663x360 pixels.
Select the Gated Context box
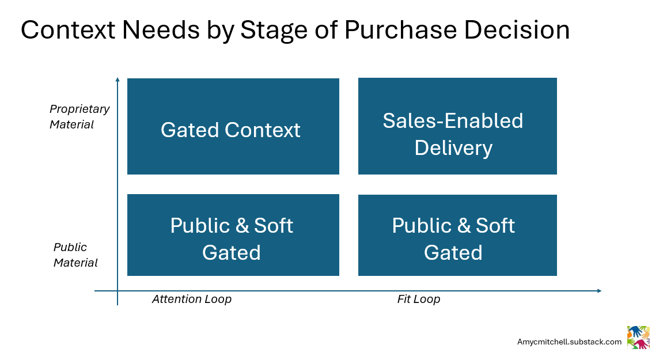[233, 126]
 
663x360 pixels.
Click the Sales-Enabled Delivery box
[457, 126]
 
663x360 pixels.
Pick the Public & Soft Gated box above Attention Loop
[233, 235]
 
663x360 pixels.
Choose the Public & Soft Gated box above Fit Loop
[457, 235]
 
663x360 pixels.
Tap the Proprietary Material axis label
[79, 116]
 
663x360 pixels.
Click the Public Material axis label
[75, 255]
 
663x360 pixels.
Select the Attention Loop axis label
[192, 299]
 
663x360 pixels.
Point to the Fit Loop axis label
[419, 299]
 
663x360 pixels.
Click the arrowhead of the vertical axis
[118, 79]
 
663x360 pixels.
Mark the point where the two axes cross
[118, 291]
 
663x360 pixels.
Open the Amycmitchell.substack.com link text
[569, 342]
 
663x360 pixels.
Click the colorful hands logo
[638, 338]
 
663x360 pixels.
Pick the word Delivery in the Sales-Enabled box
[453, 148]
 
